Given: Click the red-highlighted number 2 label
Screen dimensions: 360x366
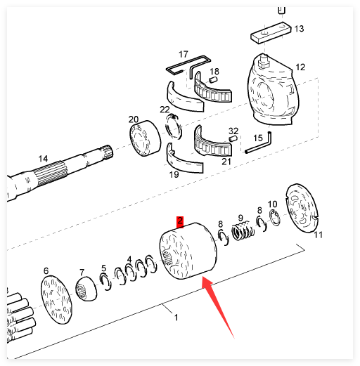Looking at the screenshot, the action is pos(180,221).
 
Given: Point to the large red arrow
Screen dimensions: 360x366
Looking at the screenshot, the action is pos(218,307).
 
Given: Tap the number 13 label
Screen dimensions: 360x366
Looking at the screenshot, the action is pos(299,29).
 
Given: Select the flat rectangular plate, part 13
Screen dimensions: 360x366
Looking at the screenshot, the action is pos(271,32).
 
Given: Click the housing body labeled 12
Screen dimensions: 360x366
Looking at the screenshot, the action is pos(273,91).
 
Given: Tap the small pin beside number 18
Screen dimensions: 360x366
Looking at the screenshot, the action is pos(213,79).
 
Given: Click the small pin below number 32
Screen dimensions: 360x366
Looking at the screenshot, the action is pos(233,138).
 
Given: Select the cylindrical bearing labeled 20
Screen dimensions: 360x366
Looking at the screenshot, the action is pos(145,138).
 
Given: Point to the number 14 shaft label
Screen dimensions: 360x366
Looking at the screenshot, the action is pos(43,159).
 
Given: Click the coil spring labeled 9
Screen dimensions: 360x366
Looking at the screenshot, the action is pos(243,231).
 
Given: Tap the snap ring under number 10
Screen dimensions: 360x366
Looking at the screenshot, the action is pos(275,218).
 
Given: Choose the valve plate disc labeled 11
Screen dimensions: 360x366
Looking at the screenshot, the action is pos(302,208).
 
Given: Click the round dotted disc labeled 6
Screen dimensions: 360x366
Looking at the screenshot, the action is pos(56,300).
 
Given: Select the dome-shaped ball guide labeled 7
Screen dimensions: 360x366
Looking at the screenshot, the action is pos(86,289).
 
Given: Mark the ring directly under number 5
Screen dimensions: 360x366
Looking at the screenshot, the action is pos(105,282).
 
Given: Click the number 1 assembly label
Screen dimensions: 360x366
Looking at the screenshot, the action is pos(176,318).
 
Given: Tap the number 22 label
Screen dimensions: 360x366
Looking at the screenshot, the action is pos(165,110).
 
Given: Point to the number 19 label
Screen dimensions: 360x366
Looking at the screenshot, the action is pos(174,174).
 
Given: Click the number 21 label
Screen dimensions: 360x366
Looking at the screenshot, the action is pos(226,162).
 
